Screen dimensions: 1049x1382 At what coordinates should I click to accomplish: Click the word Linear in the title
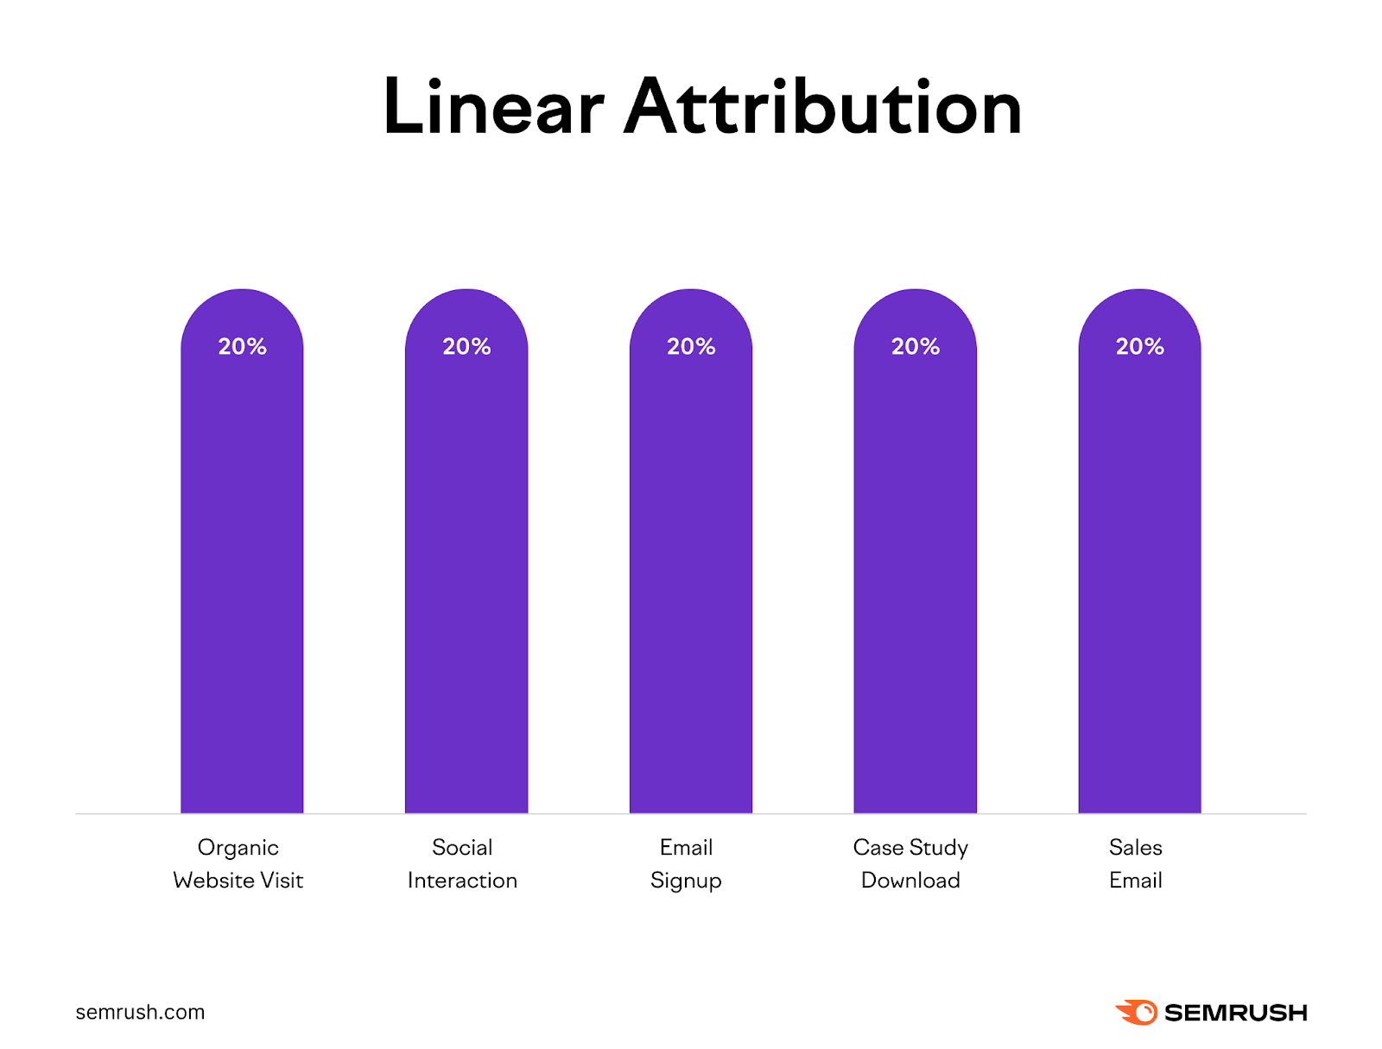[x=492, y=108]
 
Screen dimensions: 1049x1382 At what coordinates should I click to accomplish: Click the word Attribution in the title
[x=822, y=108]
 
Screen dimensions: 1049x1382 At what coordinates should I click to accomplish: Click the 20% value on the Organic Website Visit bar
[x=242, y=346]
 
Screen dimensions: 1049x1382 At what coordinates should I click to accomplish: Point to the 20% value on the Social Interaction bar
[x=466, y=346]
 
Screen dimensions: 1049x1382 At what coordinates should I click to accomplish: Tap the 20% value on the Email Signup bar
[x=691, y=346]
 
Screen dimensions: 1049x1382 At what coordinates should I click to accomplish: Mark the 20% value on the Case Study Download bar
[x=915, y=346]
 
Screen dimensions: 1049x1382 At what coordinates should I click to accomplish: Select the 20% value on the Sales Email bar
[x=1139, y=346]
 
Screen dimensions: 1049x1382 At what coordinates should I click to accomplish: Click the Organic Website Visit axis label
[x=238, y=863]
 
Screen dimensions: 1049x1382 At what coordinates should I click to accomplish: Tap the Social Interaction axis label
[x=462, y=863]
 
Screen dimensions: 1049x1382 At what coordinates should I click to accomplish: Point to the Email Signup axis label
[x=686, y=863]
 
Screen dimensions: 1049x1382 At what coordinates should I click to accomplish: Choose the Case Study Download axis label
[x=910, y=863]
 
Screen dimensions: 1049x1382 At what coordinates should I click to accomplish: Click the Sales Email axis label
[x=1135, y=863]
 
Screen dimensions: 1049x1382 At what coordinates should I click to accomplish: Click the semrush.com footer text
[x=140, y=1012]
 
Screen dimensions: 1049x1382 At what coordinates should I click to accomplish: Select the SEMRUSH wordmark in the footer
[x=1235, y=1013]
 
